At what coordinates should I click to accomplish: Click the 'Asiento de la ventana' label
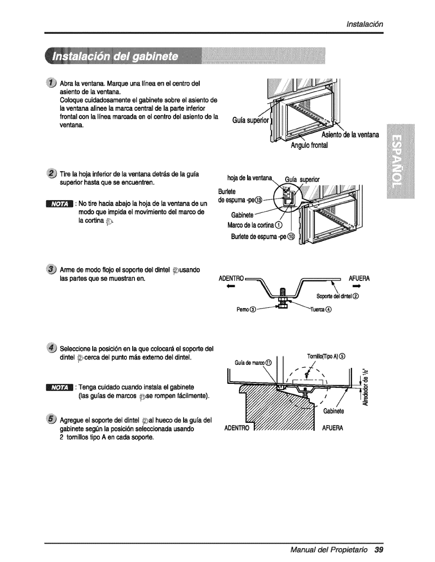click(350, 135)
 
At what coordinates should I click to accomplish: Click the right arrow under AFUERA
click(365, 286)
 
